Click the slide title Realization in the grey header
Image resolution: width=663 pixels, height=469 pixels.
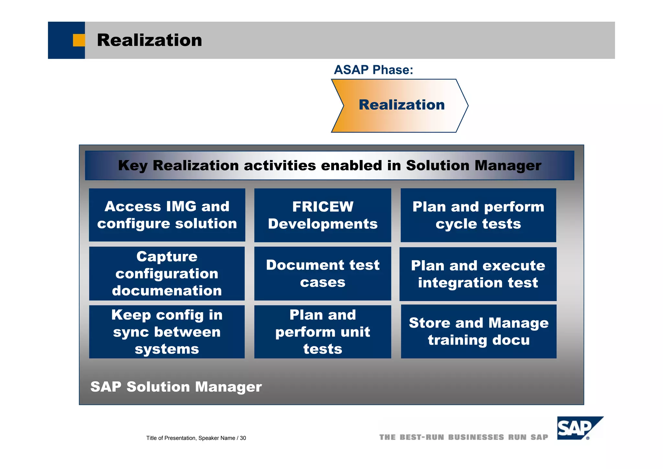pyautogui.click(x=149, y=40)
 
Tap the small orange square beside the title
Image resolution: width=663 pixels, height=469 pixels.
pyautogui.click(x=79, y=40)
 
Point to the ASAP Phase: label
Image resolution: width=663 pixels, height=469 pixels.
pyautogui.click(x=373, y=70)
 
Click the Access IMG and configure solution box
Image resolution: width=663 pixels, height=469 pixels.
pyautogui.click(x=167, y=215)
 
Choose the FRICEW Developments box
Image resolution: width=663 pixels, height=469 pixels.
pyautogui.click(x=322, y=215)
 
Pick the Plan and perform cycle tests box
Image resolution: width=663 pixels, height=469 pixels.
pyautogui.click(x=478, y=215)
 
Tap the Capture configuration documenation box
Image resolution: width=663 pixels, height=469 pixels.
pyautogui.click(x=167, y=273)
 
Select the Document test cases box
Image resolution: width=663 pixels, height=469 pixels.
pyautogui.click(x=322, y=273)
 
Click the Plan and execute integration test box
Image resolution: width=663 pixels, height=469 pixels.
pyautogui.click(x=478, y=274)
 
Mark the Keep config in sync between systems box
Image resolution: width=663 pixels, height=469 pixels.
pyautogui.click(x=167, y=332)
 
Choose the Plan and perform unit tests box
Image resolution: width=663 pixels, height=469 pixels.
pyautogui.click(x=322, y=332)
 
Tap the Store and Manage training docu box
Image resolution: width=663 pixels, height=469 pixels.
pyautogui.click(x=478, y=331)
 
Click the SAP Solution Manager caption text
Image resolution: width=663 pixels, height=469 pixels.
pyautogui.click(x=176, y=387)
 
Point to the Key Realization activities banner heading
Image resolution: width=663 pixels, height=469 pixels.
pyautogui.click(x=329, y=166)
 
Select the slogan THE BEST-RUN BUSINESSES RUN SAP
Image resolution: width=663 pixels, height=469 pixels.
pyautogui.click(x=464, y=437)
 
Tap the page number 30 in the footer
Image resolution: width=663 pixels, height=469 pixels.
pyautogui.click(x=243, y=438)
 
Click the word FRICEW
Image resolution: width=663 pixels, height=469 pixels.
pyautogui.click(x=323, y=207)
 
